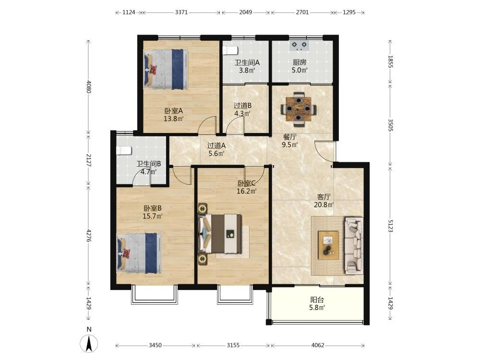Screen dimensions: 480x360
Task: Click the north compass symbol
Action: [89, 343]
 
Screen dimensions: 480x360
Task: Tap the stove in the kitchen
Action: [299, 46]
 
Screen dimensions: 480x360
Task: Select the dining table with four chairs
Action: [299, 109]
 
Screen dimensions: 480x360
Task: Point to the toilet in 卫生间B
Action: [124, 151]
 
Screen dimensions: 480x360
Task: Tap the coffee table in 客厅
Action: [328, 245]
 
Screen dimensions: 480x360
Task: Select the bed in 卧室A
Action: [166, 69]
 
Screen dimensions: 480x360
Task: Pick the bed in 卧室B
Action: [139, 253]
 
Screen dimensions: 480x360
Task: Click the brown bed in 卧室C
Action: [220, 234]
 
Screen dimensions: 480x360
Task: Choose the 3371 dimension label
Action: [181, 12]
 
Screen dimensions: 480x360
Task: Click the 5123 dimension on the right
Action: [390, 226]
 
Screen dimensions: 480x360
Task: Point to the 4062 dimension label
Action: [317, 345]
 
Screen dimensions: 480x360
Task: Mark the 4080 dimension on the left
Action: [89, 86]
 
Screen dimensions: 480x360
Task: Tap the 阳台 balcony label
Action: [317, 300]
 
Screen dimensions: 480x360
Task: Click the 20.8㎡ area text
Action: [324, 205]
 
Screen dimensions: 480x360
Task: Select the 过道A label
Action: [216, 146]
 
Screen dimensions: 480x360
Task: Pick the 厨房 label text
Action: [300, 62]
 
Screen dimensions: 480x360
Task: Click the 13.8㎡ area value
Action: [174, 119]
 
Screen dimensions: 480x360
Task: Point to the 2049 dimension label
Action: [245, 12]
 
